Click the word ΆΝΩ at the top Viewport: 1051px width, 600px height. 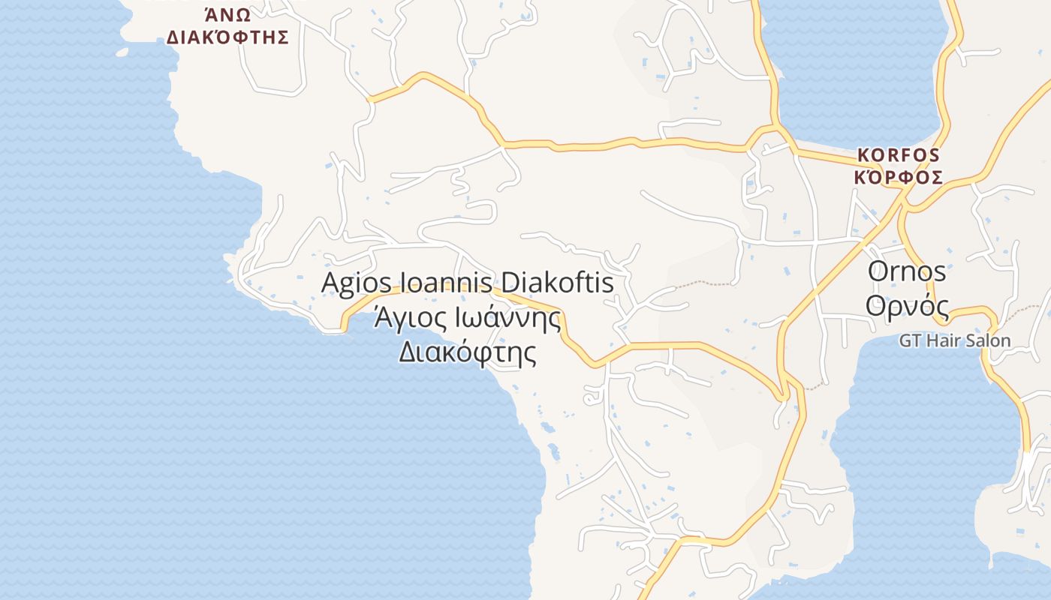click(x=227, y=14)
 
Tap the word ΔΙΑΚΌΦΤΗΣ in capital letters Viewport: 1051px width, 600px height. click(x=227, y=37)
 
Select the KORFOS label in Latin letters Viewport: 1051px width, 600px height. click(x=899, y=155)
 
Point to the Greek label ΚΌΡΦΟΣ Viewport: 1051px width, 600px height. click(x=899, y=178)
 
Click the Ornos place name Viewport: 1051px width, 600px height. click(x=907, y=271)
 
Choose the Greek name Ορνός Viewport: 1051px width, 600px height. click(x=907, y=305)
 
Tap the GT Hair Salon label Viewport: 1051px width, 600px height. click(x=955, y=340)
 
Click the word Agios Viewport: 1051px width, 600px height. click(x=357, y=283)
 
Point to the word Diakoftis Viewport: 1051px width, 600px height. click(x=557, y=283)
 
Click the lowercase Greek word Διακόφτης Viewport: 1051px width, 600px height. click(x=467, y=351)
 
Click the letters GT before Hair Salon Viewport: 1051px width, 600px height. click(x=910, y=340)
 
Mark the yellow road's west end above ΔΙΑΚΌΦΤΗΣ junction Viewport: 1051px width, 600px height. click(x=370, y=98)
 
